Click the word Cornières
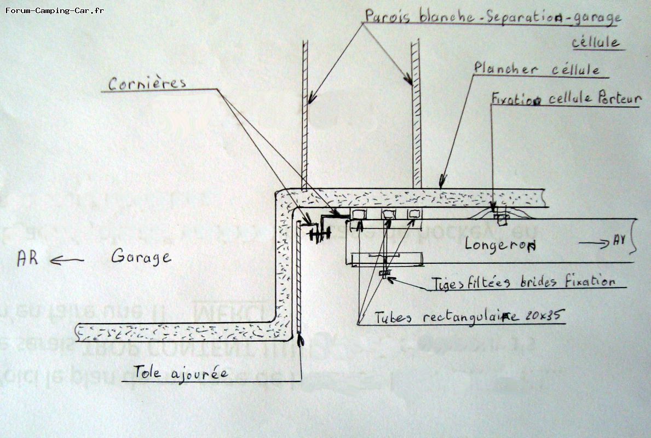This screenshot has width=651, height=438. point(147,83)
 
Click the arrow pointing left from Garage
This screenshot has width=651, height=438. point(67,261)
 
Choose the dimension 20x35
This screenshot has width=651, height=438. point(543,315)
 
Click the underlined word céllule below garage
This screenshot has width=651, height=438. point(596,42)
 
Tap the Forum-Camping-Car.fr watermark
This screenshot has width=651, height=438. point(54,10)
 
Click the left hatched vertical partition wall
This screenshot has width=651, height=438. point(305,115)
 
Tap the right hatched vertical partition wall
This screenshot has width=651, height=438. point(416,115)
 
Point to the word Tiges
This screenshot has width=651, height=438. point(446,283)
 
